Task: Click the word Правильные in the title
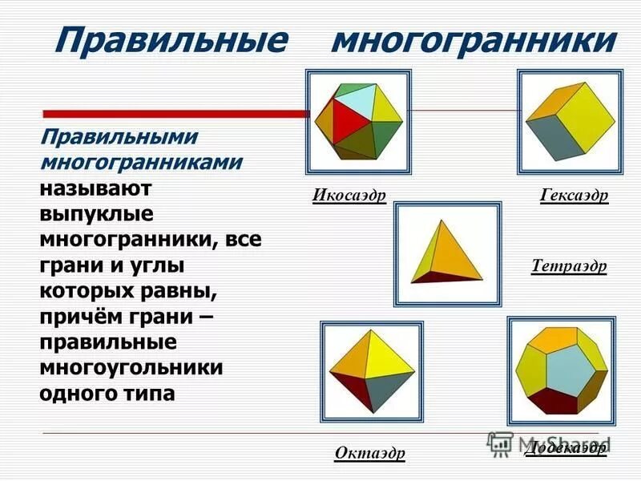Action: pyautogui.click(x=169, y=40)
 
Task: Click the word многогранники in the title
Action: pyautogui.click(x=474, y=40)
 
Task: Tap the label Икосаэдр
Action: pyautogui.click(x=349, y=196)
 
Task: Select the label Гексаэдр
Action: pyautogui.click(x=574, y=196)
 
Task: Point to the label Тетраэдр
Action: pyautogui.click(x=569, y=266)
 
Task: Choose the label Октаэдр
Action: pyautogui.click(x=369, y=454)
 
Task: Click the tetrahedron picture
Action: pyautogui.click(x=447, y=253)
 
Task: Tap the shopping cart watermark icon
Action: pyautogui.click(x=500, y=443)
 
